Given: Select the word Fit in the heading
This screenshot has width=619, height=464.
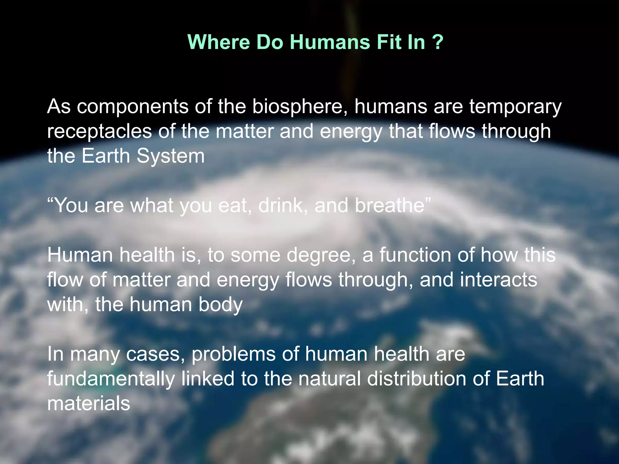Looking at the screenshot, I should tap(387, 42).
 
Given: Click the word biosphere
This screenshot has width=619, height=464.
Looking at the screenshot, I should tap(300, 107).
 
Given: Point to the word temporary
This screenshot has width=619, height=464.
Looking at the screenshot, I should tap(515, 107).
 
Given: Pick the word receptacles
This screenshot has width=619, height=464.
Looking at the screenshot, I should tap(99, 132).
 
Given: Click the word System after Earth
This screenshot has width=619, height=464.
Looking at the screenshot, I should tap(170, 156).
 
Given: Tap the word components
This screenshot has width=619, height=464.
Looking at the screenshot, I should tap(132, 107).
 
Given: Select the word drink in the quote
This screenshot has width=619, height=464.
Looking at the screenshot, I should tap(283, 205).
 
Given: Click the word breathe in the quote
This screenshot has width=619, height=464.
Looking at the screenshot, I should tap(390, 205).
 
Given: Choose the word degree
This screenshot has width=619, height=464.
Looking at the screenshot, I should tap(321, 256).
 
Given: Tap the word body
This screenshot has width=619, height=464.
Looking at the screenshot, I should tap(221, 304).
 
